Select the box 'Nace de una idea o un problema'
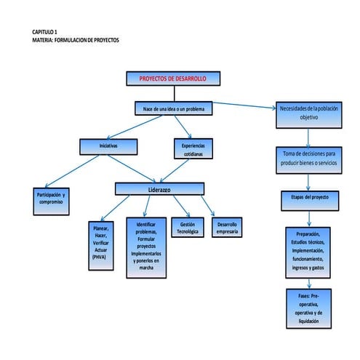173,108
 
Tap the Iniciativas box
108,146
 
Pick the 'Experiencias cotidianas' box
193,149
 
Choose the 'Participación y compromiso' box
50,198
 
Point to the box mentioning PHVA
101,241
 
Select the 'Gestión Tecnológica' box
186,228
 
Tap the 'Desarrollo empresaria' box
227,228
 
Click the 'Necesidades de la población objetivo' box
308,112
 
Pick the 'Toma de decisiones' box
308,158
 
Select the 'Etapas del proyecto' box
308,197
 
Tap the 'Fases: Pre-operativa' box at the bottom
308,308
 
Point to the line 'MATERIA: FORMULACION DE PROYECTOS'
75,39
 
